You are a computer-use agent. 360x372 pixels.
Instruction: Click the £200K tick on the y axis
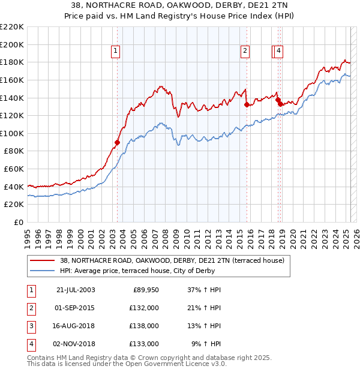point(12,44)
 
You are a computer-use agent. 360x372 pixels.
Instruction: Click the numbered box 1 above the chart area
point(115,52)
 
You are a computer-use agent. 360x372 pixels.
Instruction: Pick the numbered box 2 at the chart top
point(245,52)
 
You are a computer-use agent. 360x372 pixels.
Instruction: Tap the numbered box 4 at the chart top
point(280,52)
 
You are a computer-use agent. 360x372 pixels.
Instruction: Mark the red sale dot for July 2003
point(118,142)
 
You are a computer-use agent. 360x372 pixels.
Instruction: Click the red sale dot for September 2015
point(247,104)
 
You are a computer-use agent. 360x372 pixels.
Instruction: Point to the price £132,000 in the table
point(145,308)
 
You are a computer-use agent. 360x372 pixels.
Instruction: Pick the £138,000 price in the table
point(145,326)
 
